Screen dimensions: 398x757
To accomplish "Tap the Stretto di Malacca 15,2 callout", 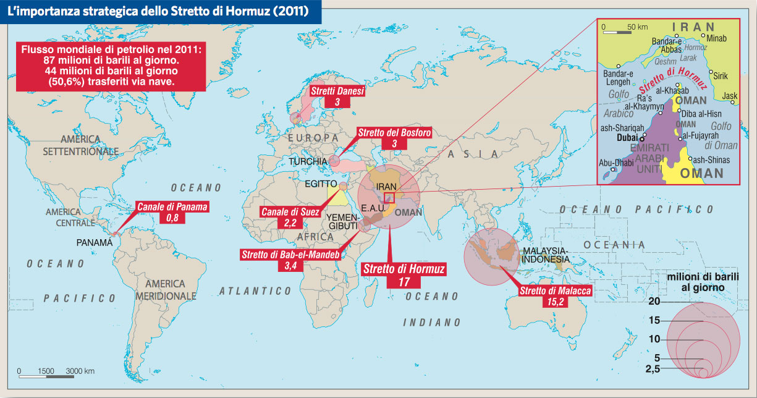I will pyautogui.click(x=555, y=296).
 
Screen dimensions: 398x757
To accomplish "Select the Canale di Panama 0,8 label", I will pyautogui.click(x=172, y=212).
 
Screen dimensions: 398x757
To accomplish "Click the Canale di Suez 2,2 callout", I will pyautogui.click(x=290, y=218).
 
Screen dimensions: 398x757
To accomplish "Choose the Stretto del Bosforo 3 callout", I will pyautogui.click(x=394, y=138).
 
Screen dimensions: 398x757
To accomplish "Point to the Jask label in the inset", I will pyautogui.click(x=730, y=96).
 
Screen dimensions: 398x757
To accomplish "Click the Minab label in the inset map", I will pyautogui.click(x=716, y=38).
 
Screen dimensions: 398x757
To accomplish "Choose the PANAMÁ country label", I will pyautogui.click(x=94, y=243).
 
